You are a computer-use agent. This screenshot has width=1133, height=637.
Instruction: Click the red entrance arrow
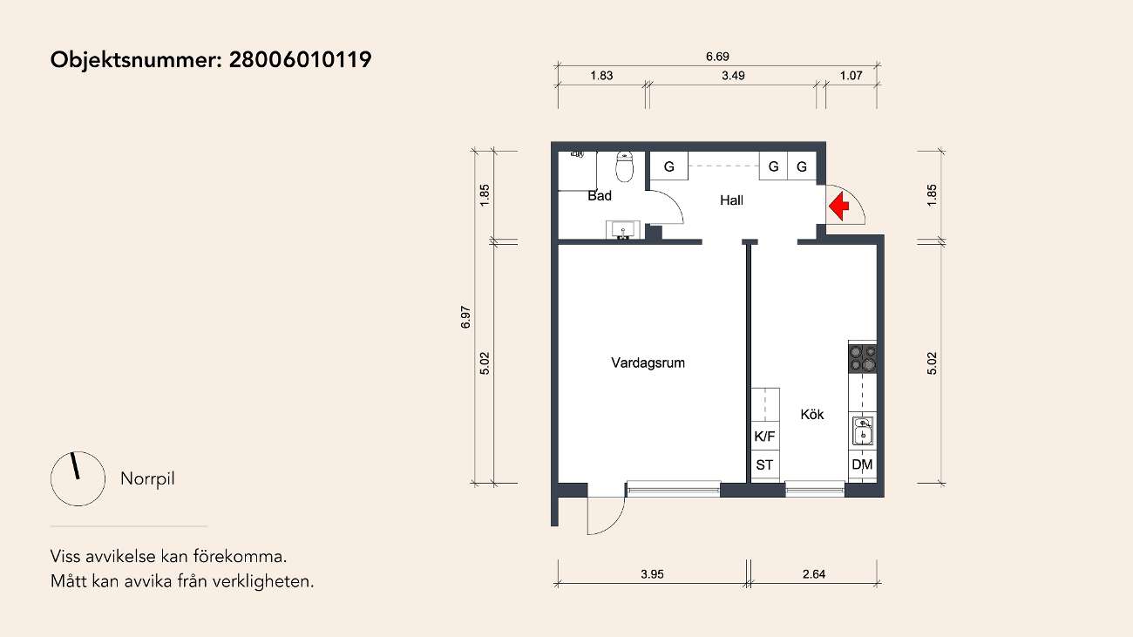tap(839, 207)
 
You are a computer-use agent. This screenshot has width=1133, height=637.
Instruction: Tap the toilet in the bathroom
tap(625, 166)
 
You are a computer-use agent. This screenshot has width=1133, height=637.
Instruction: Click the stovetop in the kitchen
tap(863, 358)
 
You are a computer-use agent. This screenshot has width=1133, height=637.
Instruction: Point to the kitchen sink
tap(863, 430)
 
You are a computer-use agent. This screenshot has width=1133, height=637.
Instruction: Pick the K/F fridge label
tap(764, 437)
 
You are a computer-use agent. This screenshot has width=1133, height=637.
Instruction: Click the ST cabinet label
tap(764, 465)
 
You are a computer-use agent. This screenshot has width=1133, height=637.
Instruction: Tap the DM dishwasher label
tap(863, 464)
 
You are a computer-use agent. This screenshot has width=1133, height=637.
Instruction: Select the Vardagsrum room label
tap(648, 363)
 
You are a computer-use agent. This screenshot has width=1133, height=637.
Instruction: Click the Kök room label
tap(811, 414)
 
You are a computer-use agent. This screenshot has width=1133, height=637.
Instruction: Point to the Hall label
tap(731, 200)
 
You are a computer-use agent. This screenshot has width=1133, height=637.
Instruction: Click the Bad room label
tap(600, 196)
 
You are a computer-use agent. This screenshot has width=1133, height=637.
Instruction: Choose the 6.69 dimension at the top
tap(717, 57)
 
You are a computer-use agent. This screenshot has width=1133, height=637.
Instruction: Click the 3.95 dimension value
tap(652, 574)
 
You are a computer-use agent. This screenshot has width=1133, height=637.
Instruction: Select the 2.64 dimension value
tap(814, 574)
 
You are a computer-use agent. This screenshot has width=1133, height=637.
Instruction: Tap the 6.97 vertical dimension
tap(466, 317)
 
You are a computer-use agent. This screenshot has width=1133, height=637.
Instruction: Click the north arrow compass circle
tap(78, 478)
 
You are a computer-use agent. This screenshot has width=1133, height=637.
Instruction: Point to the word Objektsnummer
tap(136, 60)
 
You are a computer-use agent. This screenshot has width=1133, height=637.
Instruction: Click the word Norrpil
tap(147, 478)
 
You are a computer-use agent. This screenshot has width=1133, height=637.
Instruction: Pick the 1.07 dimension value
tap(851, 76)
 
